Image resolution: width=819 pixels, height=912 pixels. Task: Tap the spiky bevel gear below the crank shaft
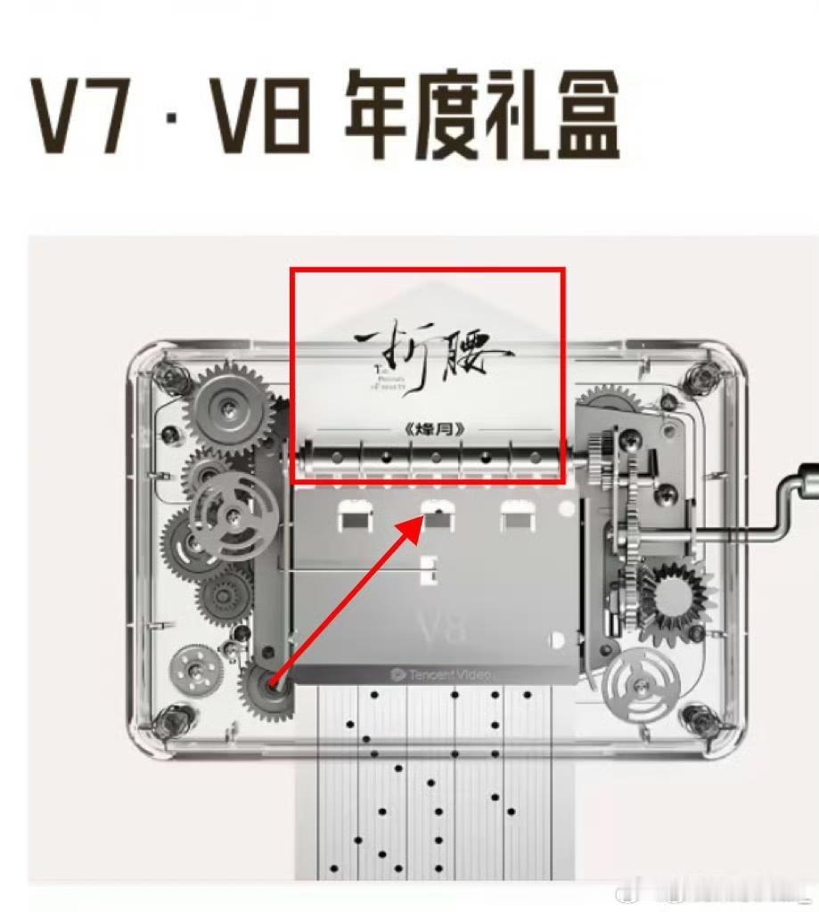point(673,591)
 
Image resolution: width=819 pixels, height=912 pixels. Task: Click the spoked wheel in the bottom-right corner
point(641,685)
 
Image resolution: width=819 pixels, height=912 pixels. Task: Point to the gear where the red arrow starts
point(267,688)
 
